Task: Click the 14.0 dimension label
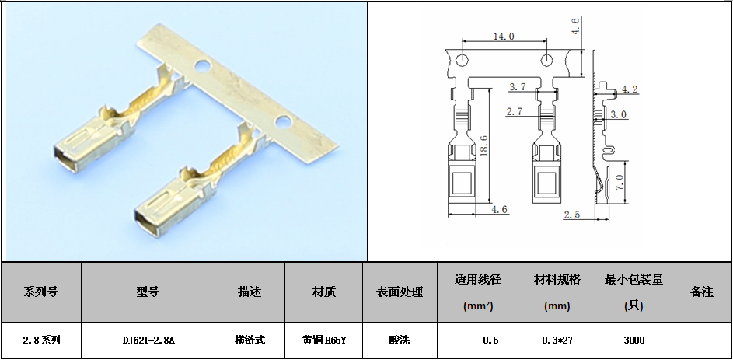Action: coord(504,37)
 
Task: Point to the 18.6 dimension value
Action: coord(483,147)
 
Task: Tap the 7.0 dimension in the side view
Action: coord(619,183)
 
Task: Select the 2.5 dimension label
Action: coord(572,215)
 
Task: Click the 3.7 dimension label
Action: coord(518,86)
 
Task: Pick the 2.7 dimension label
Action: coord(515,112)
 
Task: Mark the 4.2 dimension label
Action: coord(630,89)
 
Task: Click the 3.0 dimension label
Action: coord(619,114)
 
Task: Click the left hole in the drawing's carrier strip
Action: coord(462,60)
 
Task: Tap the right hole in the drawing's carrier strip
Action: coord(546,60)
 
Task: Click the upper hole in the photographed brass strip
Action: coord(203,66)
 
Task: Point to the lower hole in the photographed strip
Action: coord(282,122)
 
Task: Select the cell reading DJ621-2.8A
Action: coord(148,341)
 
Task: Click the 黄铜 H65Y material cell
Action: coord(324,341)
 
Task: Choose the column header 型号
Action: coord(148,292)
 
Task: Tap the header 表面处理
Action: coord(400,292)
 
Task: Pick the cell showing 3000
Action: coord(634,341)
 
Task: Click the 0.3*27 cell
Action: coord(557,341)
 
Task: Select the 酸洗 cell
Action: coord(400,341)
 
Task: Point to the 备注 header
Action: coord(702,292)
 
